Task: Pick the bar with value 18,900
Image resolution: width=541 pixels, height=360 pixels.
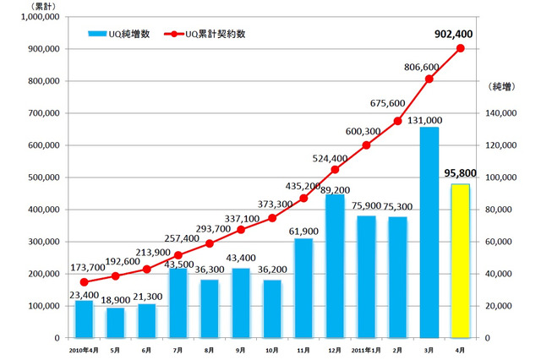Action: click(115, 322)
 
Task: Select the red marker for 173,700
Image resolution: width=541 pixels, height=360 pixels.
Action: click(84, 282)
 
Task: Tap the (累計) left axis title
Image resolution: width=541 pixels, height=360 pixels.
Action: click(40, 6)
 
